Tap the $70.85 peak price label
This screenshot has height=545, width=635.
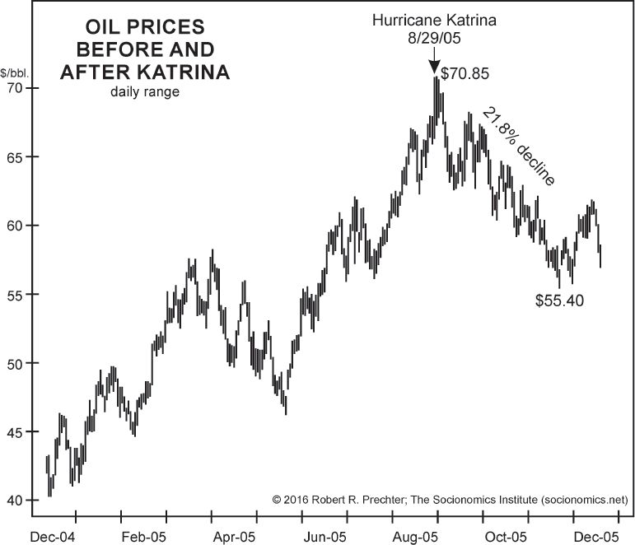pyautogui.click(x=465, y=73)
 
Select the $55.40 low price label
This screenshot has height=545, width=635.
pyautogui.click(x=559, y=300)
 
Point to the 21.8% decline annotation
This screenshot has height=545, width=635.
pyautogui.click(x=519, y=147)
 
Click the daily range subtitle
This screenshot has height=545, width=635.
pyautogui.click(x=144, y=91)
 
